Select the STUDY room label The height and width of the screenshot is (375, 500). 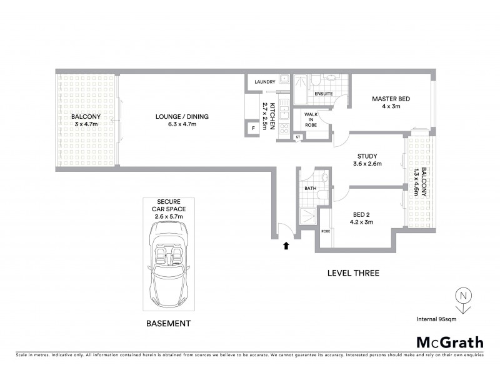pyautogui.click(x=367, y=156)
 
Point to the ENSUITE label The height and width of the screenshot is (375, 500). pyautogui.click(x=323, y=94)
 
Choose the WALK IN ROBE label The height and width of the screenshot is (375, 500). pyautogui.click(x=311, y=119)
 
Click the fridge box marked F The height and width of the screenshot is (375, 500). pyautogui.click(x=252, y=129)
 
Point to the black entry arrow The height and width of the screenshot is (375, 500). pyautogui.click(x=286, y=246)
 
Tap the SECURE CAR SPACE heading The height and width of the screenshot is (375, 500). pyautogui.click(x=167, y=204)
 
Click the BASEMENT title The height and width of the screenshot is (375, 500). pyautogui.click(x=167, y=324)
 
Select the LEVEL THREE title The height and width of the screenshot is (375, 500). pyautogui.click(x=354, y=273)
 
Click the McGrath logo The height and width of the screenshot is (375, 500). pyautogui.click(x=449, y=342)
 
